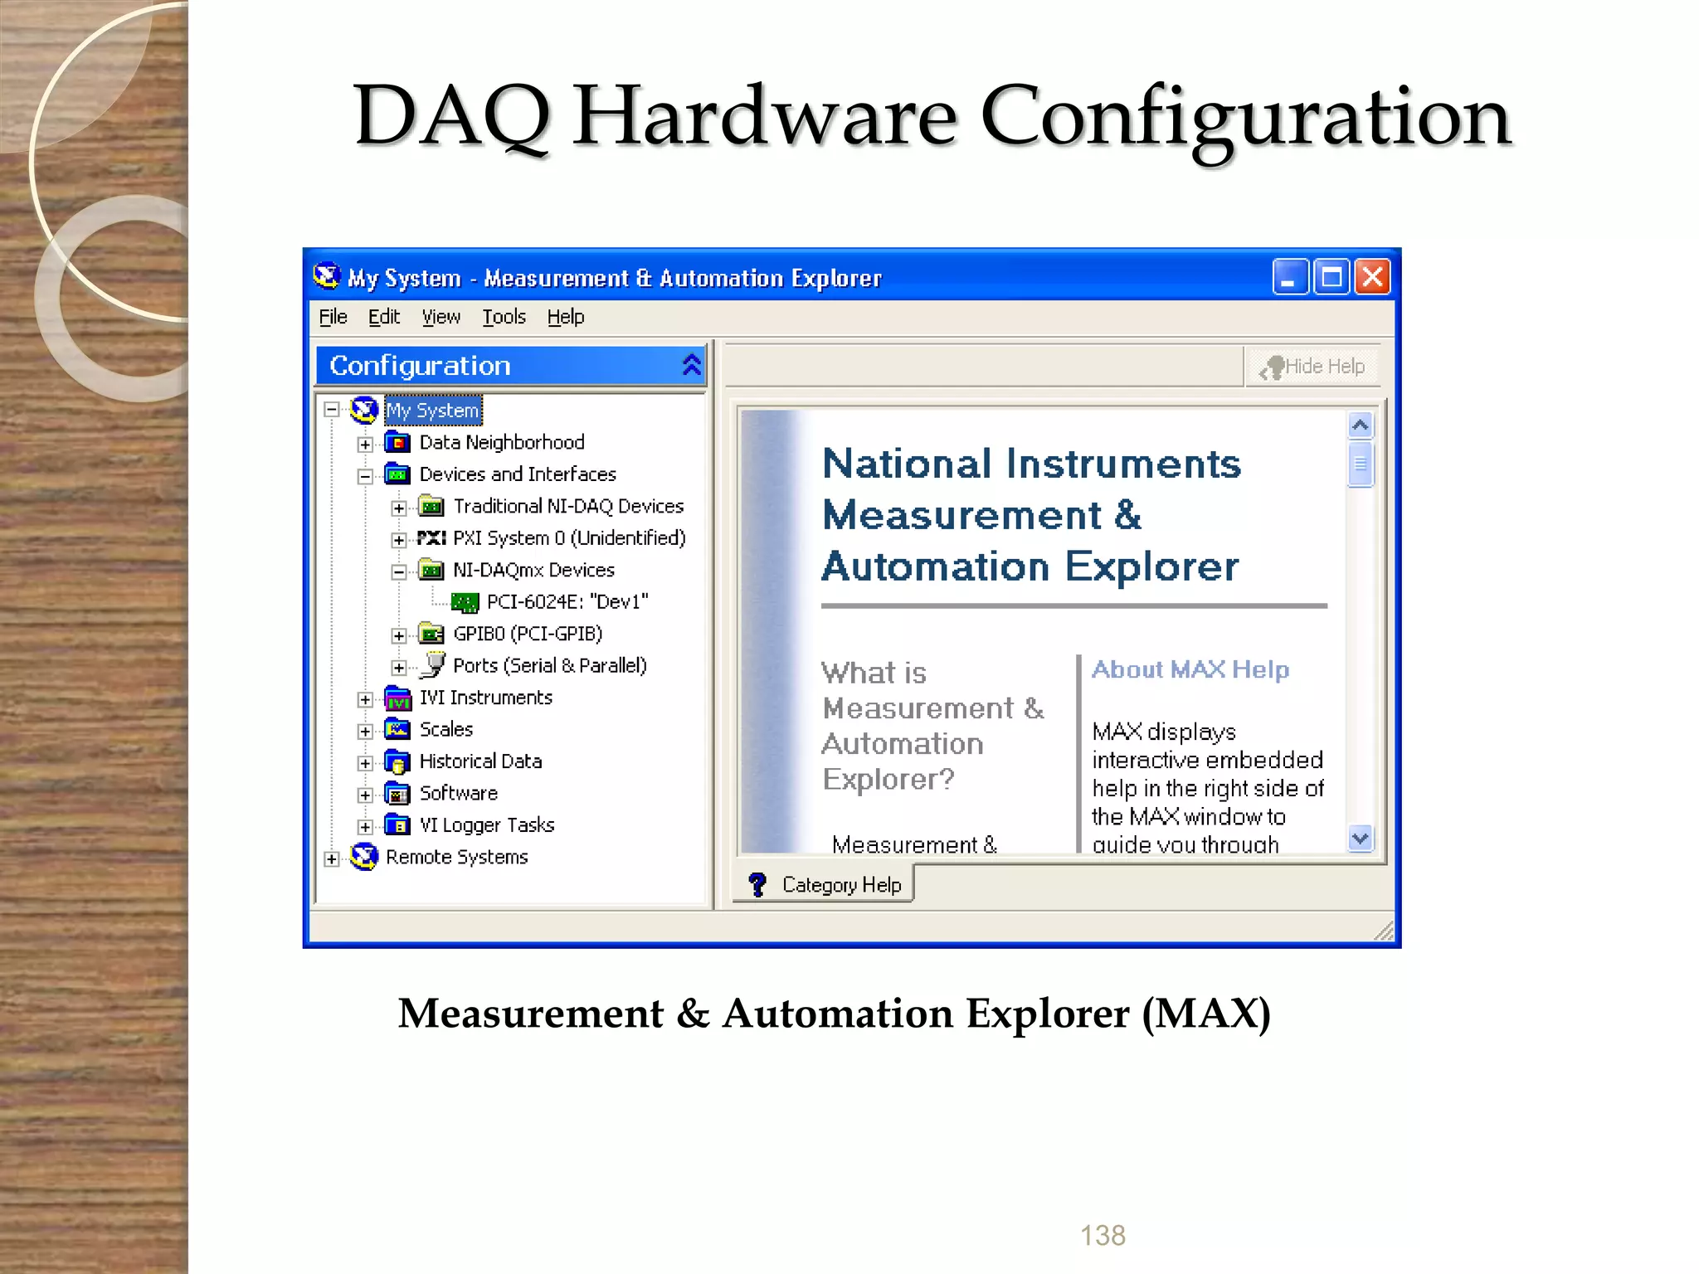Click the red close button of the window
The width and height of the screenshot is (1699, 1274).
(x=1373, y=277)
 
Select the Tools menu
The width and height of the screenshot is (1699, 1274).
(x=504, y=317)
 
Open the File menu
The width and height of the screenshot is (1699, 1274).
(x=333, y=317)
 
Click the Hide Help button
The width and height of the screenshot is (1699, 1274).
(x=1313, y=367)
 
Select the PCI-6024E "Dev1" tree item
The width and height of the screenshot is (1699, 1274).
(x=567, y=601)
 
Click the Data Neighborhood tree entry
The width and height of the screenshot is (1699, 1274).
(x=501, y=442)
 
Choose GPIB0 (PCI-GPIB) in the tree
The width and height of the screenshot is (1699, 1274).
(x=527, y=634)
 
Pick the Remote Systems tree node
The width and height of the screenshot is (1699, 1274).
(x=456, y=857)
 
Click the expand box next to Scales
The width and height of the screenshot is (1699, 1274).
(x=365, y=731)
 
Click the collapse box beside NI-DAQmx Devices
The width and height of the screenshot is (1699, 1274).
(x=399, y=571)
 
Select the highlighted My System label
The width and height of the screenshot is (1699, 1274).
(x=432, y=411)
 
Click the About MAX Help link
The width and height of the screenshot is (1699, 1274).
(x=1190, y=669)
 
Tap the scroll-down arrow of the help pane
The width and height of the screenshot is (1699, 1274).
(x=1360, y=839)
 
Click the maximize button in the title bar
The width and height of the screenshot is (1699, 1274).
(x=1331, y=277)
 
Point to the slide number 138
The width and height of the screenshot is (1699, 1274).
(x=1103, y=1235)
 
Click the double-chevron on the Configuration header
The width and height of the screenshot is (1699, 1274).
(x=691, y=365)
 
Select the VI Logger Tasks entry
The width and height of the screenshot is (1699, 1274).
(x=486, y=825)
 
